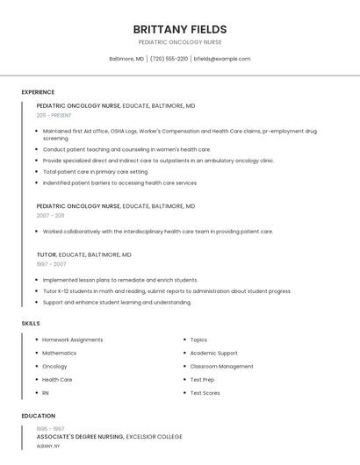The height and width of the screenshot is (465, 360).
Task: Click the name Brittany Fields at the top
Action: [179, 29]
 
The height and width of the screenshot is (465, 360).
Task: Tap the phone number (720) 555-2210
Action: [169, 59]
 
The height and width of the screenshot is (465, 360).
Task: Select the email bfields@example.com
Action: [222, 59]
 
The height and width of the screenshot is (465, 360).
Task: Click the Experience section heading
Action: [38, 92]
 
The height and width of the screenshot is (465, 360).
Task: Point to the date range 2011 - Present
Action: [54, 115]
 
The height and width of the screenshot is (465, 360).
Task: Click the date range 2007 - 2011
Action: [50, 215]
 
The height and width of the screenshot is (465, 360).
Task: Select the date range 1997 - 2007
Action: [51, 263]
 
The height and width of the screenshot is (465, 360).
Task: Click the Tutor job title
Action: [46, 254]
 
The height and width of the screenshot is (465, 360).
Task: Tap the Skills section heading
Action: [31, 324]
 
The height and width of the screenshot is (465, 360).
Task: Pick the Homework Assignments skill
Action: [72, 340]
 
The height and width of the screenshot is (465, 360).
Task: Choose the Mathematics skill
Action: [59, 353]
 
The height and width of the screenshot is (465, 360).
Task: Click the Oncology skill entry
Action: [54, 367]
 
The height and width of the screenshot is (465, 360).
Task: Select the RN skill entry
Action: [46, 393]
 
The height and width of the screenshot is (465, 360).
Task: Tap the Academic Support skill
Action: [213, 353]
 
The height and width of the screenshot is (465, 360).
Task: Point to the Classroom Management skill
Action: [221, 367]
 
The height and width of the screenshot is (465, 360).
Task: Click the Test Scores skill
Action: [205, 393]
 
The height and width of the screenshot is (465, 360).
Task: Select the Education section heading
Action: [38, 416]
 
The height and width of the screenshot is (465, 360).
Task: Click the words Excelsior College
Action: [155, 436]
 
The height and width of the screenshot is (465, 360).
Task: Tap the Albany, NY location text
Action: [48, 446]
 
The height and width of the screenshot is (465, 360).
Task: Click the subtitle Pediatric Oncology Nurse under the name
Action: [179, 42]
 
